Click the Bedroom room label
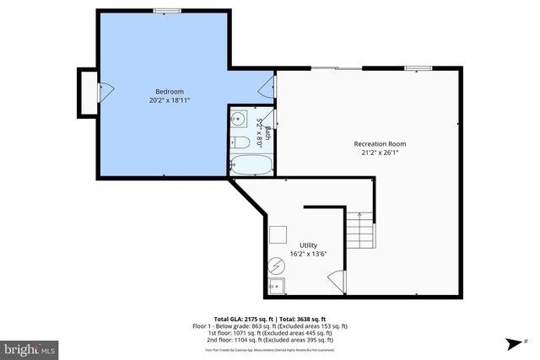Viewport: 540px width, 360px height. [x=169, y=91]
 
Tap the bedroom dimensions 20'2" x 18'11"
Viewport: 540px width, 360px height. [x=169, y=99]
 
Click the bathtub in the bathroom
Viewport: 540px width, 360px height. [x=251, y=164]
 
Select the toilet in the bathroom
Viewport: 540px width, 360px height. [x=238, y=141]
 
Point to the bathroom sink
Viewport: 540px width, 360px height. [x=239, y=118]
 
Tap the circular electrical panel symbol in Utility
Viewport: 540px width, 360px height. [x=276, y=266]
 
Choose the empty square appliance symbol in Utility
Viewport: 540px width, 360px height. [x=278, y=234]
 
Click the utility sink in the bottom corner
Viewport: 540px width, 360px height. [x=277, y=286]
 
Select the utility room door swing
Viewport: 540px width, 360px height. [x=337, y=281]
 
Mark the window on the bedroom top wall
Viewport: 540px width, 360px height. [x=166, y=11]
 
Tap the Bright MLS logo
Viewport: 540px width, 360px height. [x=30, y=348]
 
